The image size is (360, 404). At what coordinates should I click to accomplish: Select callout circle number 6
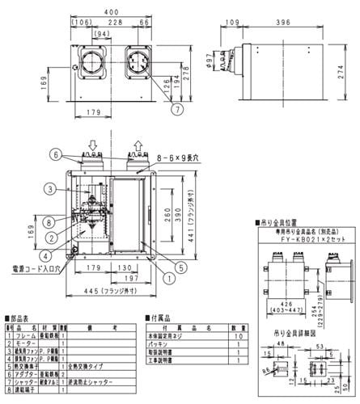pos(55,153)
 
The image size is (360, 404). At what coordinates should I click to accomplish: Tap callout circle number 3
pos(49,189)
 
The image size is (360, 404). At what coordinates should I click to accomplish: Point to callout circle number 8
pos(49,219)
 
